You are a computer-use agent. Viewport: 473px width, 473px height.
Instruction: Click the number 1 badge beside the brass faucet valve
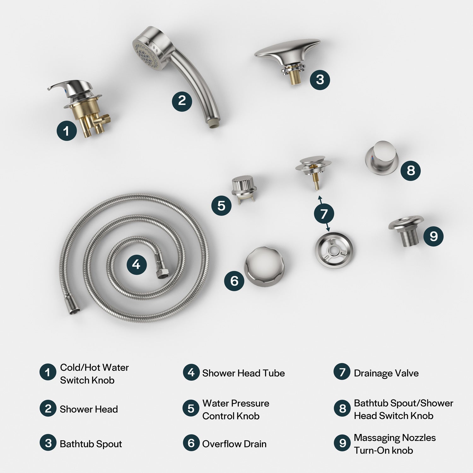pyautogui.click(x=67, y=131)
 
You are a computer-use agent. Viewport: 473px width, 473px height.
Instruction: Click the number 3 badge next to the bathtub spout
pyautogui.click(x=320, y=79)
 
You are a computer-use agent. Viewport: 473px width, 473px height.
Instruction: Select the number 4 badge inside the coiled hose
pyautogui.click(x=137, y=264)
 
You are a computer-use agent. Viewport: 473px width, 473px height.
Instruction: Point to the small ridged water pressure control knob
pyautogui.click(x=242, y=189)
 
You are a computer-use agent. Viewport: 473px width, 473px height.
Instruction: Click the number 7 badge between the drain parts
pyautogui.click(x=324, y=214)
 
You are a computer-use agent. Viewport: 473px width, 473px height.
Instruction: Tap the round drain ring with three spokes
pyautogui.click(x=334, y=250)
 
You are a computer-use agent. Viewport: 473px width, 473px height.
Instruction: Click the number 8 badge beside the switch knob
pyautogui.click(x=411, y=171)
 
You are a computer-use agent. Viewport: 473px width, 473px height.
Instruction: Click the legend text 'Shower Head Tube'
pyautogui.click(x=243, y=373)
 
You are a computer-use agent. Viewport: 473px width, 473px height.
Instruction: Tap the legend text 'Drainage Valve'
pyautogui.click(x=386, y=373)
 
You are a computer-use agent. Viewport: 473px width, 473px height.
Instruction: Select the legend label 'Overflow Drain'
pyautogui.click(x=234, y=444)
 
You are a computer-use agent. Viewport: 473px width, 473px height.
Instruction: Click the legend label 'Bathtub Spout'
pyautogui.click(x=91, y=444)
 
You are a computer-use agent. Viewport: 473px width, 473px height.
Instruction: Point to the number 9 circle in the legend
pyautogui.click(x=342, y=443)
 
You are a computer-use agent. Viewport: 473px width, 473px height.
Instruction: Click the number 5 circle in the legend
pyautogui.click(x=191, y=408)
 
